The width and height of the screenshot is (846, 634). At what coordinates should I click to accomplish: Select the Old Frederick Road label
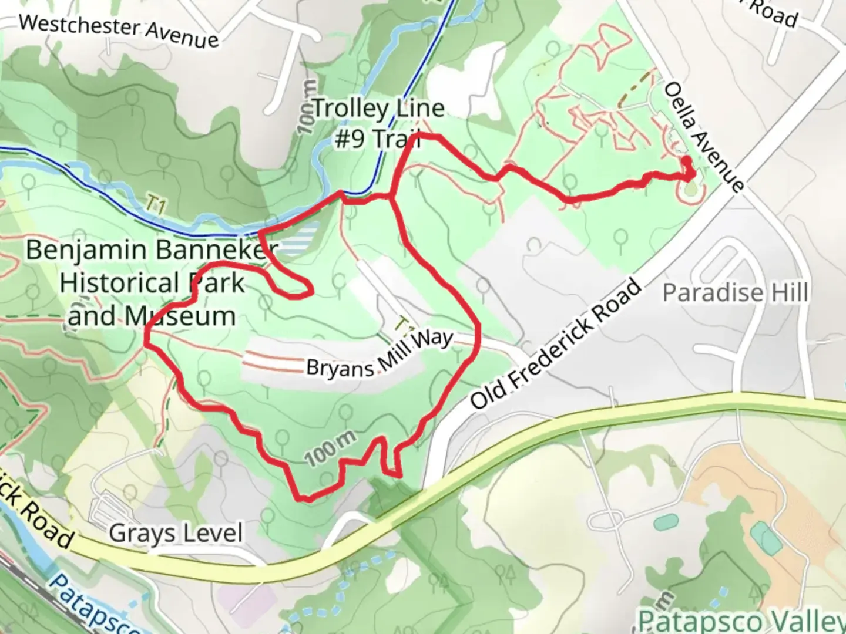pos(555,345)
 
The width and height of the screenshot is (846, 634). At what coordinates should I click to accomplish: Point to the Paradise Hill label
pos(735,292)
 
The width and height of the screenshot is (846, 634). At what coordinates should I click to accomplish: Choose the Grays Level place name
pos(176,534)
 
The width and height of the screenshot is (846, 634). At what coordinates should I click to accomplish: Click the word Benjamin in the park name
pos(86,250)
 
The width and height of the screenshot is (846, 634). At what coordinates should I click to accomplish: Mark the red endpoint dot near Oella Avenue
pos(686,160)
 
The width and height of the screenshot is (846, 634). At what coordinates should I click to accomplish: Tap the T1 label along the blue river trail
pos(155,205)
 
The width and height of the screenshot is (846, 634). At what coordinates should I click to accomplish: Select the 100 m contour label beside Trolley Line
pos(307,109)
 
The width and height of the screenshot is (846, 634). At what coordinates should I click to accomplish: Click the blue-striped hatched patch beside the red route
pos(303,241)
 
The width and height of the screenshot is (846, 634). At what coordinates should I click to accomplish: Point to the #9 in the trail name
pos(351,140)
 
